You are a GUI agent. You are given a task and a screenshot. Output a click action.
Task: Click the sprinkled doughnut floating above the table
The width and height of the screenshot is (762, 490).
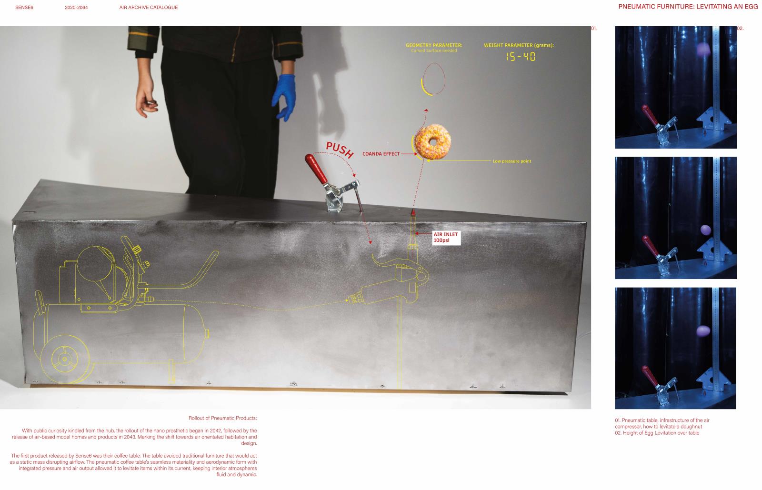click(433, 141)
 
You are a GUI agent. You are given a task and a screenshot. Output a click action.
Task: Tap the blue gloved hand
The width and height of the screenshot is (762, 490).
click(284, 98)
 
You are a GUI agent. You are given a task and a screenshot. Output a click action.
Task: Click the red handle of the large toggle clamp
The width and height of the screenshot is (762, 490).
click(315, 169)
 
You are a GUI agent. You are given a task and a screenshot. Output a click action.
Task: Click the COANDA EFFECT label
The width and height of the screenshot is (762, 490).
click(381, 154)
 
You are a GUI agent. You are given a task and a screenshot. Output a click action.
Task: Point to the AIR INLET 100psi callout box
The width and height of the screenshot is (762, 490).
click(446, 237)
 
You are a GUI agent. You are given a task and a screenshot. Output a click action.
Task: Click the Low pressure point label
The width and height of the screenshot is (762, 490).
click(511, 161)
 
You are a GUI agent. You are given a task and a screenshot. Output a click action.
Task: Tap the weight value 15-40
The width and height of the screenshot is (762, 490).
click(521, 57)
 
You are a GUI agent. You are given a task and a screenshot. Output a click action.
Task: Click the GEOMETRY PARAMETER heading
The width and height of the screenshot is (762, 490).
click(434, 45)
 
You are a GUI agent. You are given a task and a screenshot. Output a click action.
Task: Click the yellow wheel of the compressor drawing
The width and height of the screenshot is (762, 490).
click(65, 359)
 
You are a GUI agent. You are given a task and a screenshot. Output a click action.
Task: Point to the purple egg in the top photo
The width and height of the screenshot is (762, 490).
click(703, 50)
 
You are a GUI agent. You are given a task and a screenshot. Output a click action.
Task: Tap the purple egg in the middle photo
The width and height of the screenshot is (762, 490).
click(706, 230)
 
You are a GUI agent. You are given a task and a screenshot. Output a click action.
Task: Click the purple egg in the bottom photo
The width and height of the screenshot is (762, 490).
click(703, 330)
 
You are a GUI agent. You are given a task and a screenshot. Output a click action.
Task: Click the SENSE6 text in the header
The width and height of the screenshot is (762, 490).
click(24, 8)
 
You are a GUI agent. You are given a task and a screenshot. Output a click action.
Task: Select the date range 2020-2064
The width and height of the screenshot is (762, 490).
click(76, 8)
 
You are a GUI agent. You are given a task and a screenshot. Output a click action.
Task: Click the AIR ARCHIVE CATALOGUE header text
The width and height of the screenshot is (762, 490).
click(148, 8)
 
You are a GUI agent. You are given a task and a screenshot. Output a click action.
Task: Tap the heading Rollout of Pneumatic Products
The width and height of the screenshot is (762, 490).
click(222, 418)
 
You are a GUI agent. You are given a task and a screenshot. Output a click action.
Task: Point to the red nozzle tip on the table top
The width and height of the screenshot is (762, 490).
click(413, 212)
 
